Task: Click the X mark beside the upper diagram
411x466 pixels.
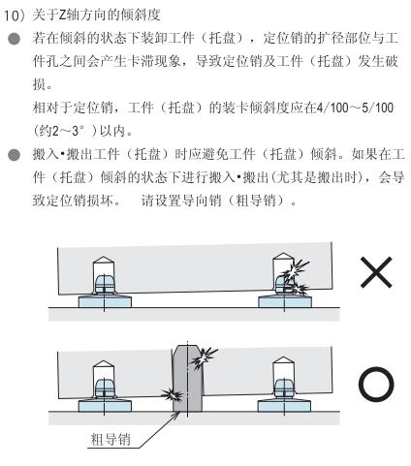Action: [x=376, y=272]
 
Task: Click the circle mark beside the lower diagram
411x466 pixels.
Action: [x=376, y=384]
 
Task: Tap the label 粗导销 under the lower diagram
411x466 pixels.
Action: [x=111, y=440]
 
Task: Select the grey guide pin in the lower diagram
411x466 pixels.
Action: [x=187, y=379]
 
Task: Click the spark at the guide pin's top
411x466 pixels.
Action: [x=204, y=357]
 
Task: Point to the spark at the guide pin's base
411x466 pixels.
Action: [x=172, y=394]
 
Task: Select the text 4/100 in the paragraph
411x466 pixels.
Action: [x=332, y=108]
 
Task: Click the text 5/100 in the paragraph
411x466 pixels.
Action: [x=377, y=108]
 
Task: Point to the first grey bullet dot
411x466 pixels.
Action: [x=15, y=39]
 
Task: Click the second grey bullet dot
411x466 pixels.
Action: [x=15, y=155]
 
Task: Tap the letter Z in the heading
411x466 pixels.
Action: [x=63, y=16]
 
